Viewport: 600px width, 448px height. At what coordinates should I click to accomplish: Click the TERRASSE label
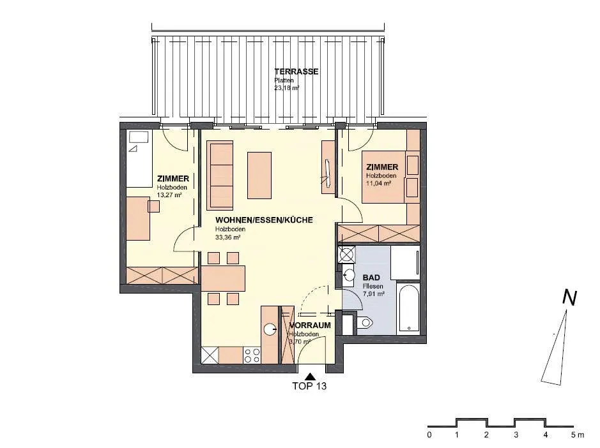[x=296, y=71]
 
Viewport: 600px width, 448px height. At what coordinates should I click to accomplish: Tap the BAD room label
[x=371, y=278]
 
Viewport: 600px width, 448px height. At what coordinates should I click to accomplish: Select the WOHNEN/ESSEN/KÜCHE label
[x=264, y=220]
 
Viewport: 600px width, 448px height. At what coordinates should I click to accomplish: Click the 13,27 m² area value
[x=169, y=195]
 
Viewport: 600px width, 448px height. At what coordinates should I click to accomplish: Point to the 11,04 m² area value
[x=378, y=183]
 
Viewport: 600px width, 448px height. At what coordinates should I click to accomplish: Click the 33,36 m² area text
[x=227, y=237]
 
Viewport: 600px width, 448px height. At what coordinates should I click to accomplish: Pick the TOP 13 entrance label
[x=309, y=386]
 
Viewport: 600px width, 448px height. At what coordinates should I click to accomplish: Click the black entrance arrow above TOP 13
[x=311, y=377]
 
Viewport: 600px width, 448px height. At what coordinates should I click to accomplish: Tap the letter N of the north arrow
[x=569, y=298]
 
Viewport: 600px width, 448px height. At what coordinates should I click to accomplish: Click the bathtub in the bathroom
[x=409, y=308]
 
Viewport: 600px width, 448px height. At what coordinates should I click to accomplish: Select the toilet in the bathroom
[x=364, y=323]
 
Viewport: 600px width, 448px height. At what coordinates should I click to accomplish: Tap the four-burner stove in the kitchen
[x=252, y=355]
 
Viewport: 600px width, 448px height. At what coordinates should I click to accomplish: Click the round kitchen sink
[x=270, y=329]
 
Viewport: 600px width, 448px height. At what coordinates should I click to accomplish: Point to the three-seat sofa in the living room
[x=220, y=175]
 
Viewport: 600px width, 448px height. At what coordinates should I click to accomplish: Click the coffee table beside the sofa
[x=259, y=175]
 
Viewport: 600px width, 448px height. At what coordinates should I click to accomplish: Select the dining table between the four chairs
[x=223, y=279]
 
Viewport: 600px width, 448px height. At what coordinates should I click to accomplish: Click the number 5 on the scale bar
[x=574, y=435]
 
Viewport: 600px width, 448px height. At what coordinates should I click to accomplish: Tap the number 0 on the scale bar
[x=430, y=435]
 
